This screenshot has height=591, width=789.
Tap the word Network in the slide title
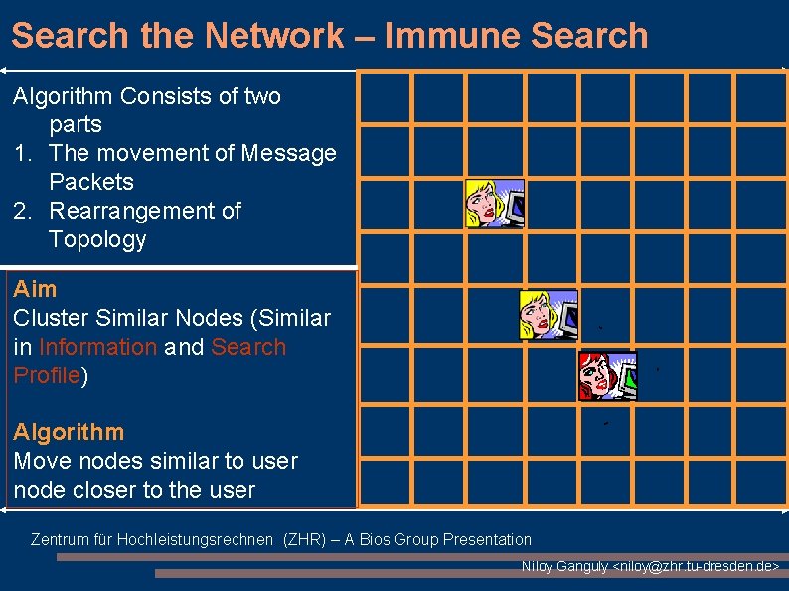(x=273, y=36)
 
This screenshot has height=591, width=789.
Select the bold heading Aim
(x=35, y=289)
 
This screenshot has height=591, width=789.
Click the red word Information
(x=97, y=347)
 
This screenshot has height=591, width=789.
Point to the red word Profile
(x=46, y=375)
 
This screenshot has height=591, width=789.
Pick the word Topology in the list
(x=97, y=239)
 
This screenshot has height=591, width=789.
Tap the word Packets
(x=91, y=182)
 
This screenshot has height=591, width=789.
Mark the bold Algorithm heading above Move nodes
(x=69, y=432)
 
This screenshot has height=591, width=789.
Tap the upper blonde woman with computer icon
(x=495, y=203)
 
